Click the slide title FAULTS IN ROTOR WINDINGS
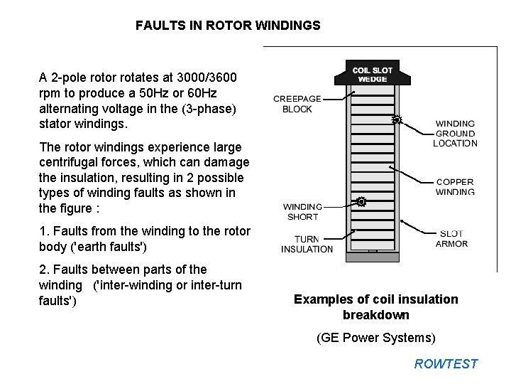pos(228,26)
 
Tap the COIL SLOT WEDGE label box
pos(372,74)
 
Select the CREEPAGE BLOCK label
pos(297,104)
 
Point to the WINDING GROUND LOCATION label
pos(455,133)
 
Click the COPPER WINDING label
pos(455,186)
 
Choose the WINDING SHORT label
pos(302,212)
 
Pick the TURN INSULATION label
pos(307,244)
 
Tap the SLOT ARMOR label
pos(451,239)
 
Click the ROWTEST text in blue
pos(446,364)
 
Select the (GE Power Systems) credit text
pos(375,338)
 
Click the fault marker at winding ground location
pos(397,120)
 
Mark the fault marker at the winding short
pos(361,201)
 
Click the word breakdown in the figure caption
pos(375,315)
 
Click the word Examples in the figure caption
pos(320,299)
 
